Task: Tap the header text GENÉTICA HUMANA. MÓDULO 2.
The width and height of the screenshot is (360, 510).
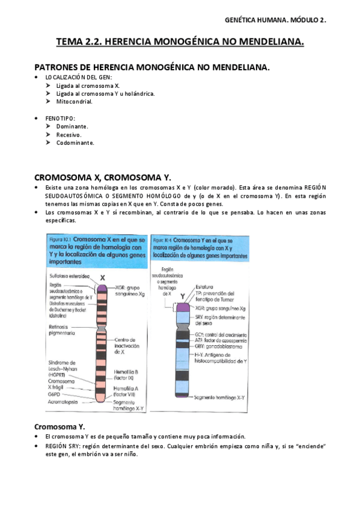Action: coord(275,20)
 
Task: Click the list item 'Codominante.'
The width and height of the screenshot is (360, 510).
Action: coord(75,143)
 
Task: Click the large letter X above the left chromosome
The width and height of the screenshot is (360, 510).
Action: coord(103,278)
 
